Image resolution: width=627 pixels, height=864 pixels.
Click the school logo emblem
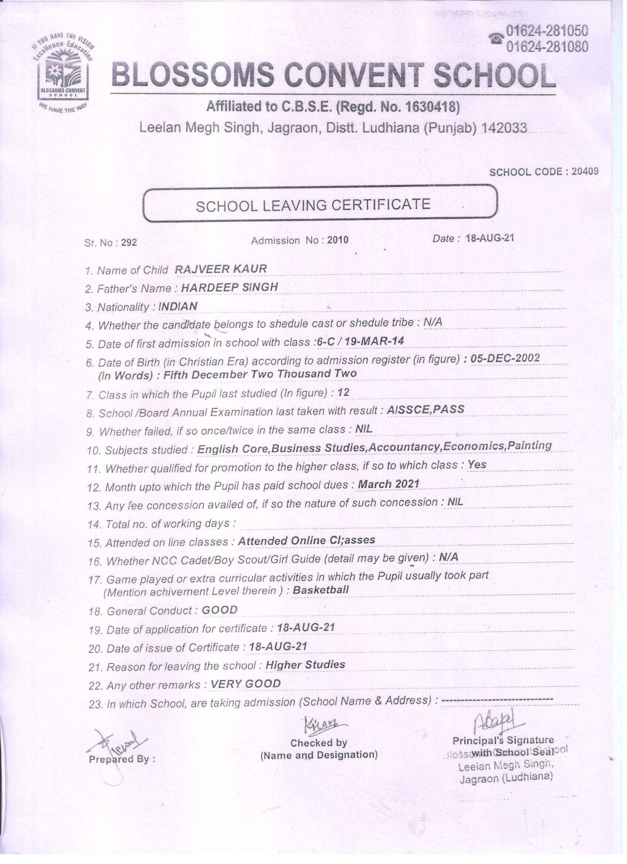pyautogui.click(x=63, y=72)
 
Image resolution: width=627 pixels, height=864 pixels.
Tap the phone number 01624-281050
pyautogui.click(x=546, y=30)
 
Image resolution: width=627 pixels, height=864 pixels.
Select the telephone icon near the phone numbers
pyautogui.click(x=496, y=38)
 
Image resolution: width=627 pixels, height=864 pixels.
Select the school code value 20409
pyautogui.click(x=585, y=171)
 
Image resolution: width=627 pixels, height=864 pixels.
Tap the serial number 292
pyautogui.click(x=129, y=243)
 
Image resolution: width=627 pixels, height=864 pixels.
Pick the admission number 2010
pyautogui.click(x=337, y=240)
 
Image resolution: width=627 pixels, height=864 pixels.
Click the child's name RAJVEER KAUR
pyautogui.click(x=221, y=269)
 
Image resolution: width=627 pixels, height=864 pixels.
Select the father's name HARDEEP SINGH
pyautogui.click(x=230, y=287)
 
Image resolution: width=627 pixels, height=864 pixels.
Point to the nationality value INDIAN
pyautogui.click(x=177, y=306)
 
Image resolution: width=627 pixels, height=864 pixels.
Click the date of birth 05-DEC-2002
pyautogui.click(x=505, y=358)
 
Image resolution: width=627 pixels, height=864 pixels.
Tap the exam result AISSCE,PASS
pyautogui.click(x=426, y=409)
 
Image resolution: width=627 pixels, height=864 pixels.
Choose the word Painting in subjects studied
pyautogui.click(x=530, y=445)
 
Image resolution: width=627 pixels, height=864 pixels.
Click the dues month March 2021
pyautogui.click(x=389, y=484)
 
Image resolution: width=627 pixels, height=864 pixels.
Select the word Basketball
pyautogui.click(x=321, y=590)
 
